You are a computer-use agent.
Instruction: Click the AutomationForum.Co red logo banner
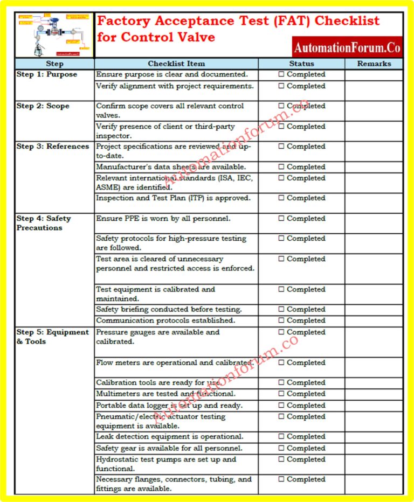(347, 47)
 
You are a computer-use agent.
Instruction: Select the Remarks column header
(374, 64)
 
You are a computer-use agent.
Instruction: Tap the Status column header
(301, 64)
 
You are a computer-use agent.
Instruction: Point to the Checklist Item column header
(176, 64)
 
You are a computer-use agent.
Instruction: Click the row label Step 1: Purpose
(47, 74)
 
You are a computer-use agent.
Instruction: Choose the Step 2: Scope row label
(43, 106)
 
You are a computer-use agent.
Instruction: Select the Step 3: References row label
(52, 147)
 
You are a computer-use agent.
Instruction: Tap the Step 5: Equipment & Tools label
(52, 337)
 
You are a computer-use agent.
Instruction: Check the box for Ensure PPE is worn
(281, 219)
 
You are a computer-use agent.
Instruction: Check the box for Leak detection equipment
(281, 437)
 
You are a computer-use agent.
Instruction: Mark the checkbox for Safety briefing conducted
(281, 310)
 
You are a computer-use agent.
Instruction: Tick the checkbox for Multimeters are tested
(281, 394)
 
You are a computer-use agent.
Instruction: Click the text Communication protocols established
(165, 320)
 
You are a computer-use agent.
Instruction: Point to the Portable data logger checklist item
(169, 406)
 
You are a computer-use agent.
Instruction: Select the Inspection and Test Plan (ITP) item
(173, 198)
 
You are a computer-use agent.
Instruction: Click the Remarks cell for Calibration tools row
(374, 383)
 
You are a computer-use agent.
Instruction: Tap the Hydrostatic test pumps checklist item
(166, 464)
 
